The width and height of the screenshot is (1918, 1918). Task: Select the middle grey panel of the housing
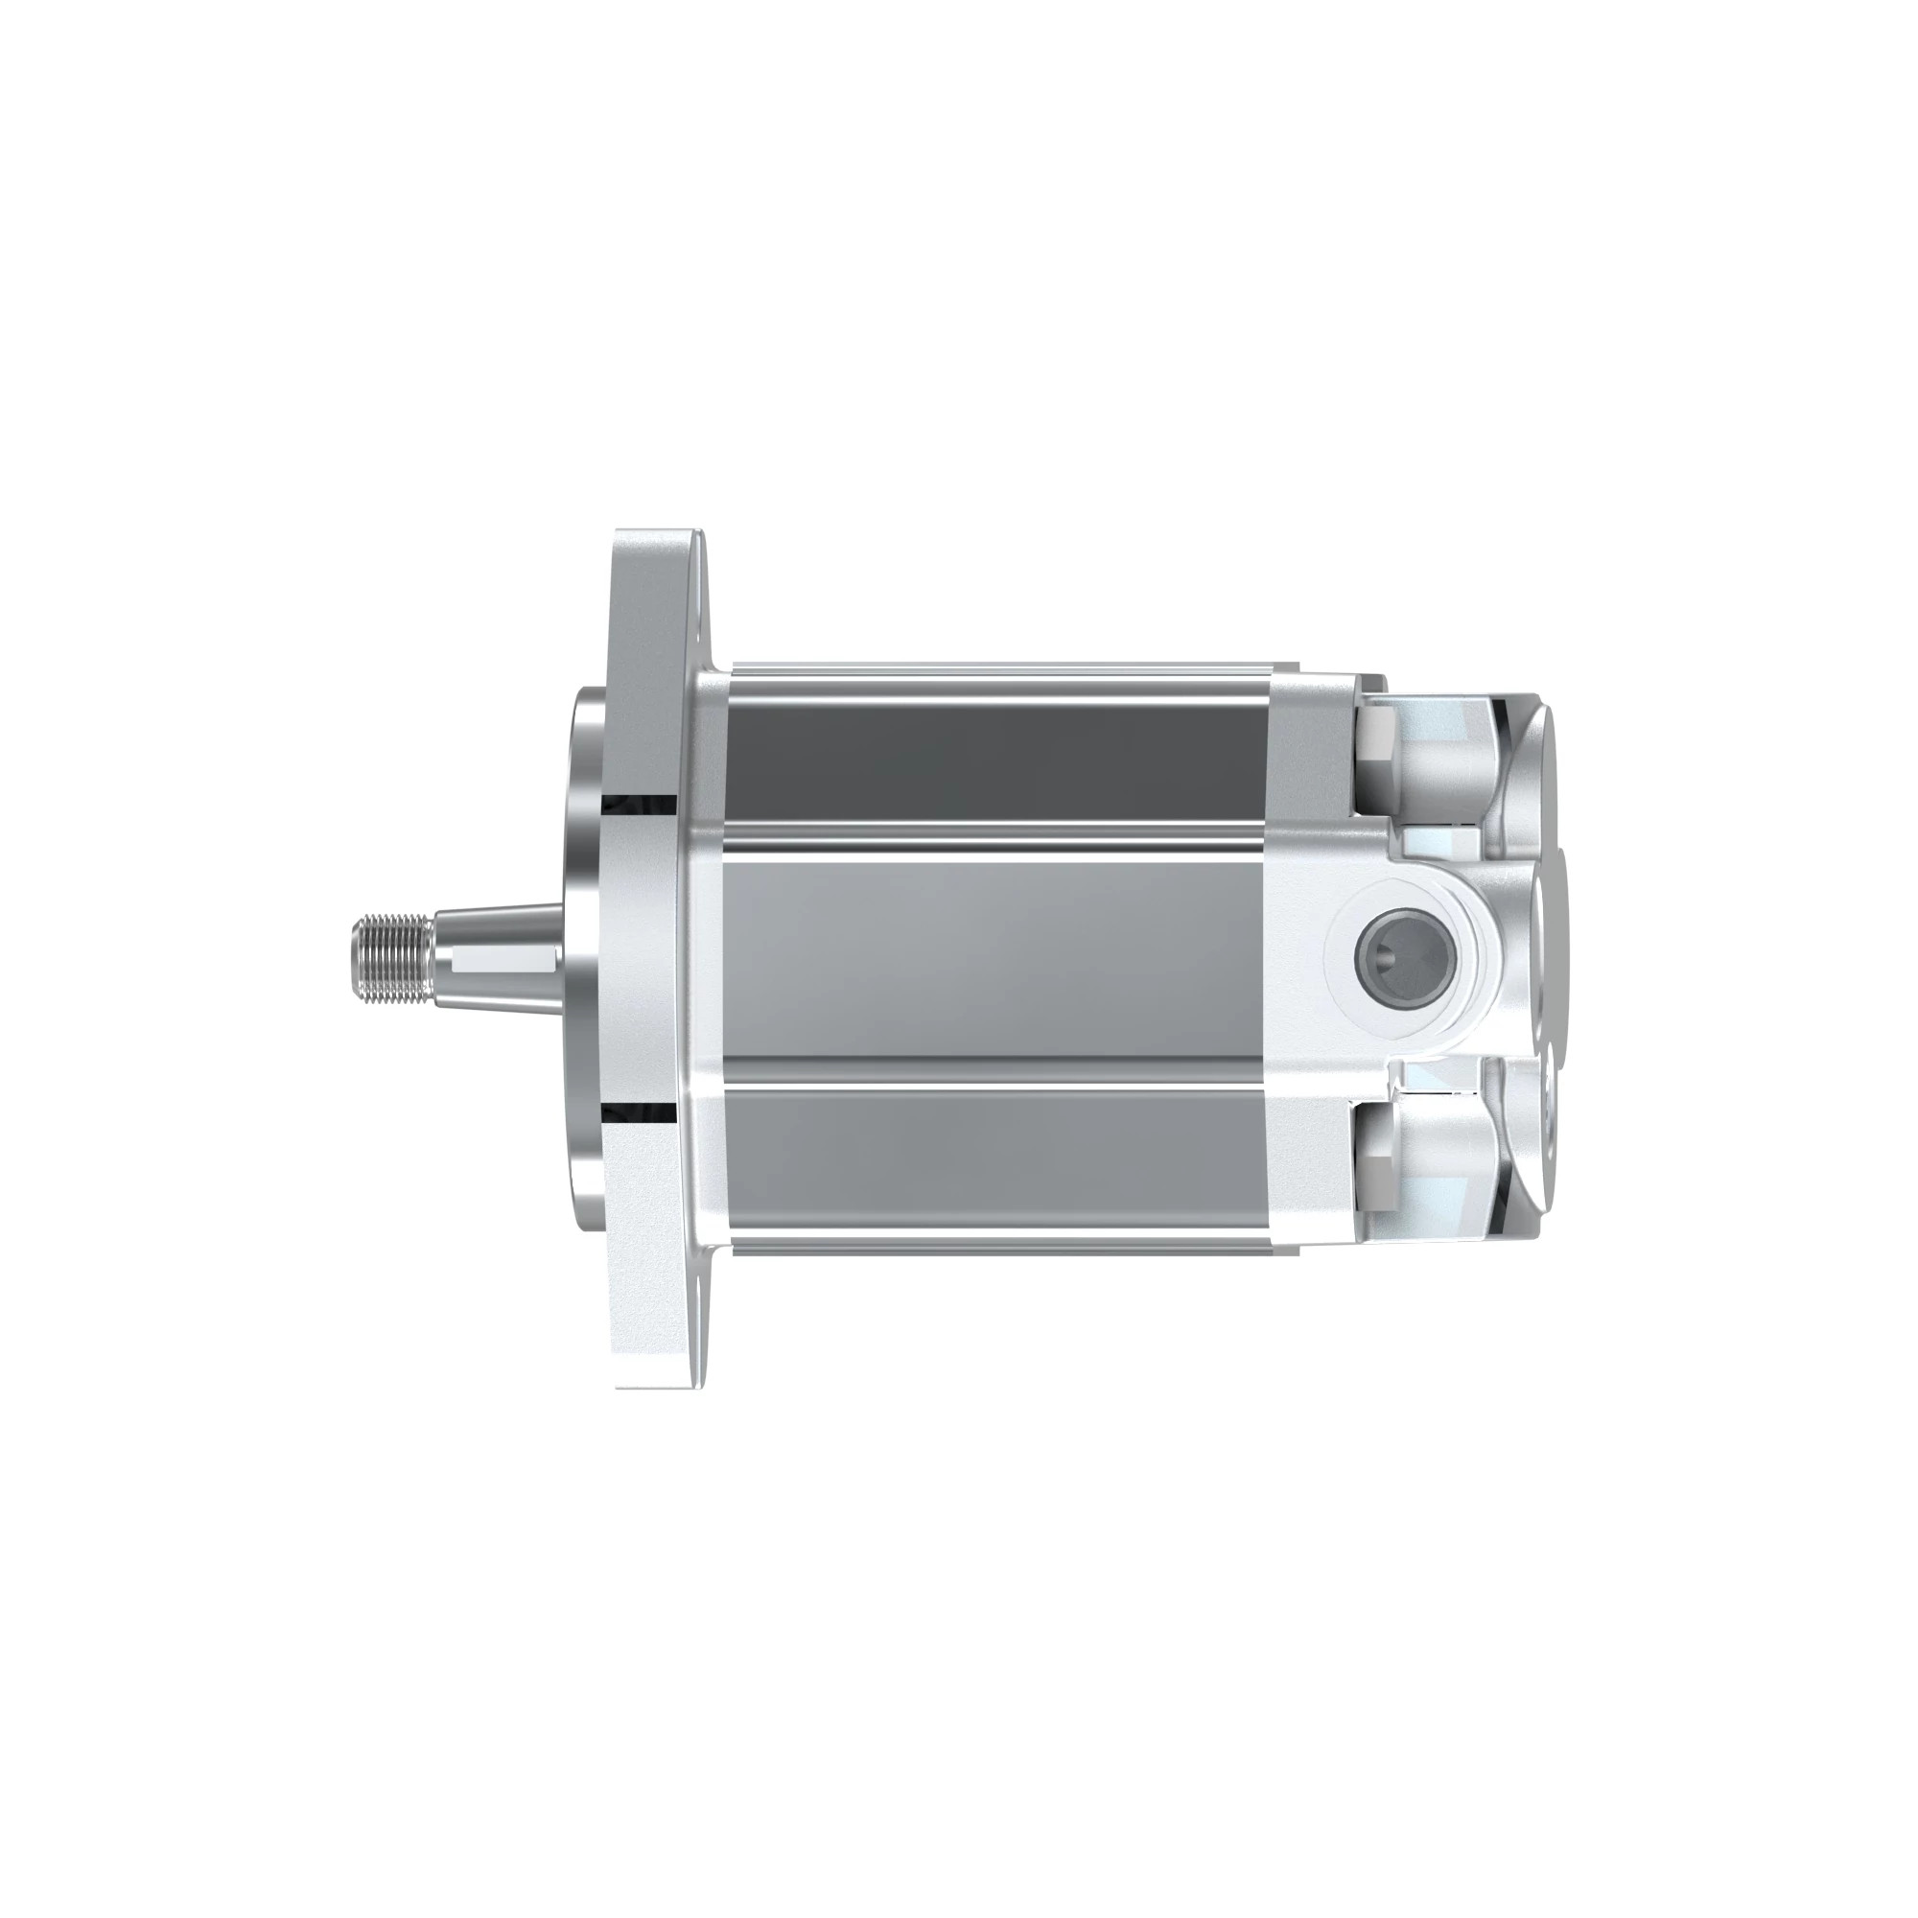point(993,958)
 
